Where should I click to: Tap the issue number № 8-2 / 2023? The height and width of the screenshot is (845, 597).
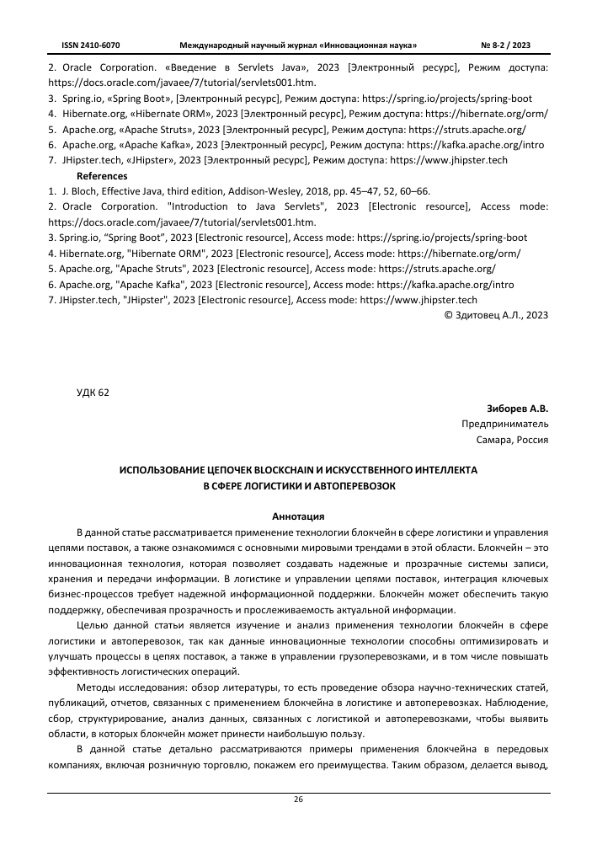pyautogui.click(x=505, y=44)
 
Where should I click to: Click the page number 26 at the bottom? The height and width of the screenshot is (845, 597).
pyautogui.click(x=298, y=799)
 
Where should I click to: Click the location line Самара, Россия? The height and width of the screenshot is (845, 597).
pyautogui.click(x=512, y=440)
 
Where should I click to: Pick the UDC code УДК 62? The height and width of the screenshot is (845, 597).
pyautogui.click(x=93, y=392)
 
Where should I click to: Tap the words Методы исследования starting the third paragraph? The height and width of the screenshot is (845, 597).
pyautogui.click(x=122, y=687)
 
